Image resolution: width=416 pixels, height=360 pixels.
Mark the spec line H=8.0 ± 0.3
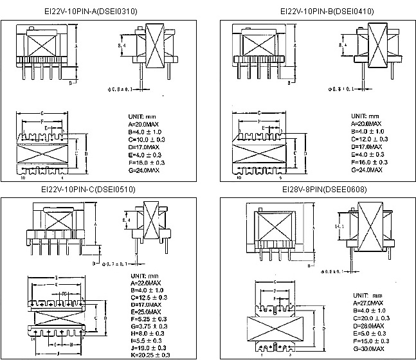[x=148, y=332]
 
